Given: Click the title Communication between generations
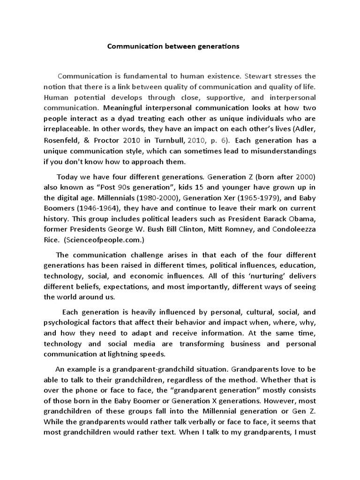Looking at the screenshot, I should click(173, 46).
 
